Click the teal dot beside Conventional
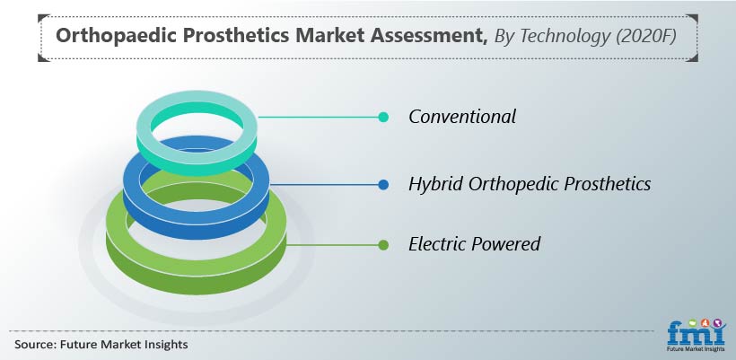[383, 117]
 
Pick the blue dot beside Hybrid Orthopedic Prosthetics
[383, 184]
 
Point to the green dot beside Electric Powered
[383, 245]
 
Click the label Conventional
[462, 117]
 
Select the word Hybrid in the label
[436, 184]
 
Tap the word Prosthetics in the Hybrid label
[608, 183]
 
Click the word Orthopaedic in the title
[114, 37]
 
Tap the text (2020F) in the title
[646, 37]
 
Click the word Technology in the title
[565, 37]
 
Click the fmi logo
[697, 335]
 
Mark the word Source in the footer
[34, 345]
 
